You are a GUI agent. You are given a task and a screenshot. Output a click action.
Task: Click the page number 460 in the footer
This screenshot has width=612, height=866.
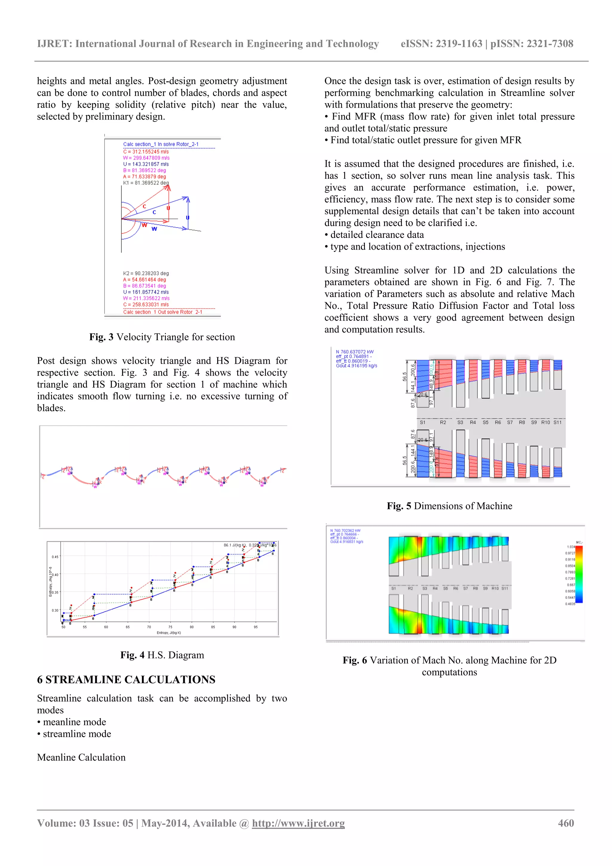pyautogui.click(x=566, y=823)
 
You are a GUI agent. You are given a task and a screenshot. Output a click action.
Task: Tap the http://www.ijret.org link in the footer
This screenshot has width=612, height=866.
pyautogui.click(x=298, y=823)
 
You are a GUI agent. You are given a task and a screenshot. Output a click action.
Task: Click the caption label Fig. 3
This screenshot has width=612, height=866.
pyautogui.click(x=101, y=337)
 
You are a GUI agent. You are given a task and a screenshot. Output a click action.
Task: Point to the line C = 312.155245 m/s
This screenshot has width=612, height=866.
pyautogui.click(x=146, y=152)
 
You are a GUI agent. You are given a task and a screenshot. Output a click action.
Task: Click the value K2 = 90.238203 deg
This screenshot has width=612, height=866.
pyautogui.click(x=146, y=273)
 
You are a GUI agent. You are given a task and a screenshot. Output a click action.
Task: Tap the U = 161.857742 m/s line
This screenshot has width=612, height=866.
pyautogui.click(x=146, y=292)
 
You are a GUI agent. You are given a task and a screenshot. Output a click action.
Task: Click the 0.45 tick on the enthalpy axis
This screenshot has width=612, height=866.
pyautogui.click(x=55, y=557)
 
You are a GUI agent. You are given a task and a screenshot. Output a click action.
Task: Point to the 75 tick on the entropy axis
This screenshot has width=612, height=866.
pyautogui.click(x=170, y=627)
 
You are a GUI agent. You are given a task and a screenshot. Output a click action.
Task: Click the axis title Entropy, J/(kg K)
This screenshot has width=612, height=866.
pyautogui.click(x=169, y=633)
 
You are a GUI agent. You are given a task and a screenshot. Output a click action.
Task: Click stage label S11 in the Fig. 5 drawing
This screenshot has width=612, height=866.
pyautogui.click(x=557, y=422)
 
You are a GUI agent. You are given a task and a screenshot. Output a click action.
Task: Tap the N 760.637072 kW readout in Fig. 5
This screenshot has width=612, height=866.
pyautogui.click(x=354, y=352)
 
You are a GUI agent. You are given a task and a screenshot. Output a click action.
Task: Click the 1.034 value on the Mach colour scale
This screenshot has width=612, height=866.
pyautogui.click(x=570, y=546)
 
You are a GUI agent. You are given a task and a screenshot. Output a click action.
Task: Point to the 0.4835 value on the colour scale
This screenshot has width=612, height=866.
pyautogui.click(x=570, y=604)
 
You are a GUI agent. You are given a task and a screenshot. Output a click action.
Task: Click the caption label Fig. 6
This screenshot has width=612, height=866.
pyautogui.click(x=354, y=660)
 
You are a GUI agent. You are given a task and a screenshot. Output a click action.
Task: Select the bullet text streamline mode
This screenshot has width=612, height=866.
pyautogui.click(x=77, y=734)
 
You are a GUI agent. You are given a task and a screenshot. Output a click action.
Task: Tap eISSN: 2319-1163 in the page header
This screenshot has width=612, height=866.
pyautogui.click(x=441, y=44)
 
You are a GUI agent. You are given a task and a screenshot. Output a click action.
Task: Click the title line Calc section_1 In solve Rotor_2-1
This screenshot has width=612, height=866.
pyautogui.click(x=161, y=144)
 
